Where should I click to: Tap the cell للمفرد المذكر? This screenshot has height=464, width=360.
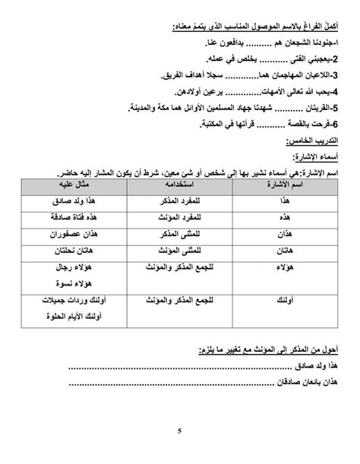point(179,199)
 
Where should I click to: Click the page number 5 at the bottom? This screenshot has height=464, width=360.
point(179,432)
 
